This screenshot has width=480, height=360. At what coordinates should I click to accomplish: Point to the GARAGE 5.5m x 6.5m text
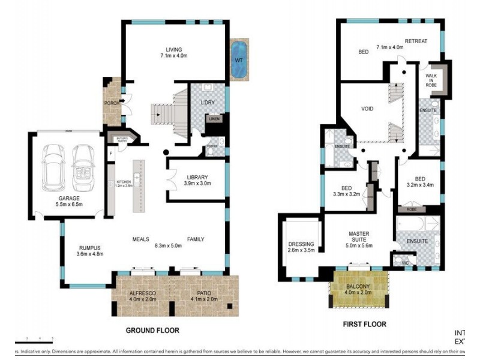point(68,201)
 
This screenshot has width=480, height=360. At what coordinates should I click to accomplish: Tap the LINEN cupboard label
point(214,119)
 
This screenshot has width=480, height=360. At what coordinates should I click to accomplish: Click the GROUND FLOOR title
point(152,330)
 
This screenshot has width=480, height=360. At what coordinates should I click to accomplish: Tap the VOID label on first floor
point(367,110)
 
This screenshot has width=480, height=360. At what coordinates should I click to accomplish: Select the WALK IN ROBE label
point(431,80)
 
